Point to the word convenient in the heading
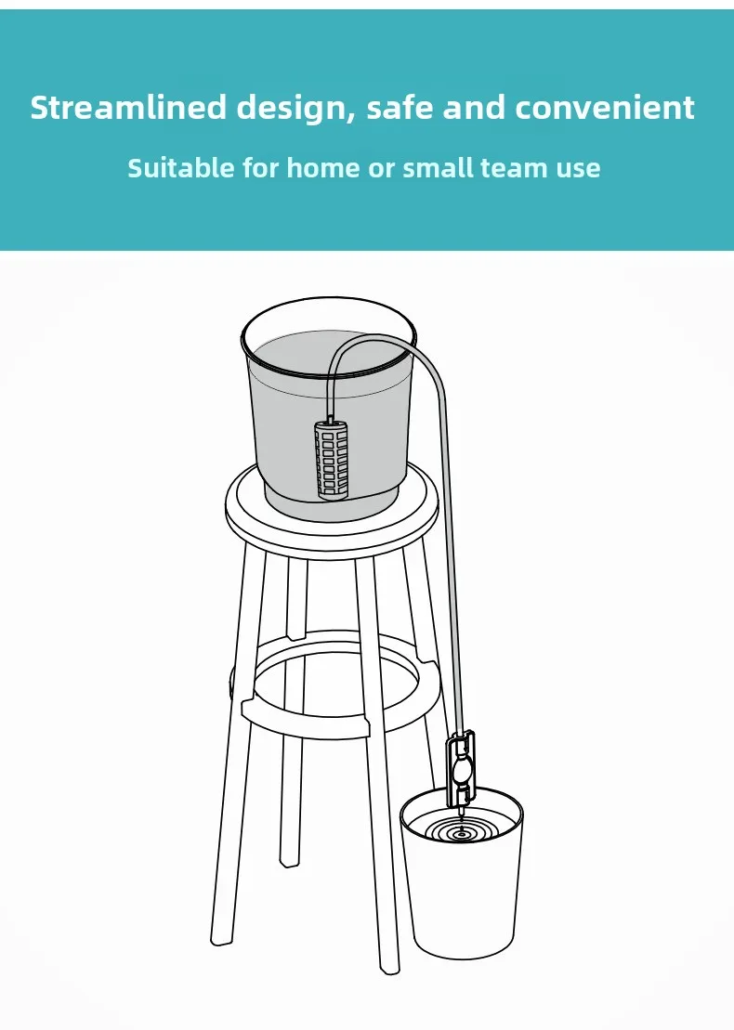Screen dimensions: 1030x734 tap(605, 108)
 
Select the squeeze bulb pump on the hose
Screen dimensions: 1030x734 tap(462, 770)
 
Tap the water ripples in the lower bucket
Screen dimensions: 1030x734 tap(459, 829)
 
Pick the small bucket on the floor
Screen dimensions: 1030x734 tap(462, 892)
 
